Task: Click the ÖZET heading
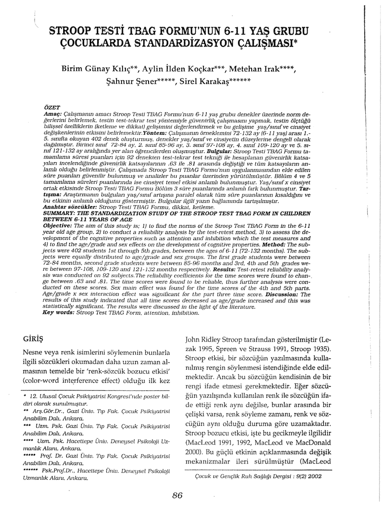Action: (51, 108)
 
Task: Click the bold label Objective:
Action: (59, 225)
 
